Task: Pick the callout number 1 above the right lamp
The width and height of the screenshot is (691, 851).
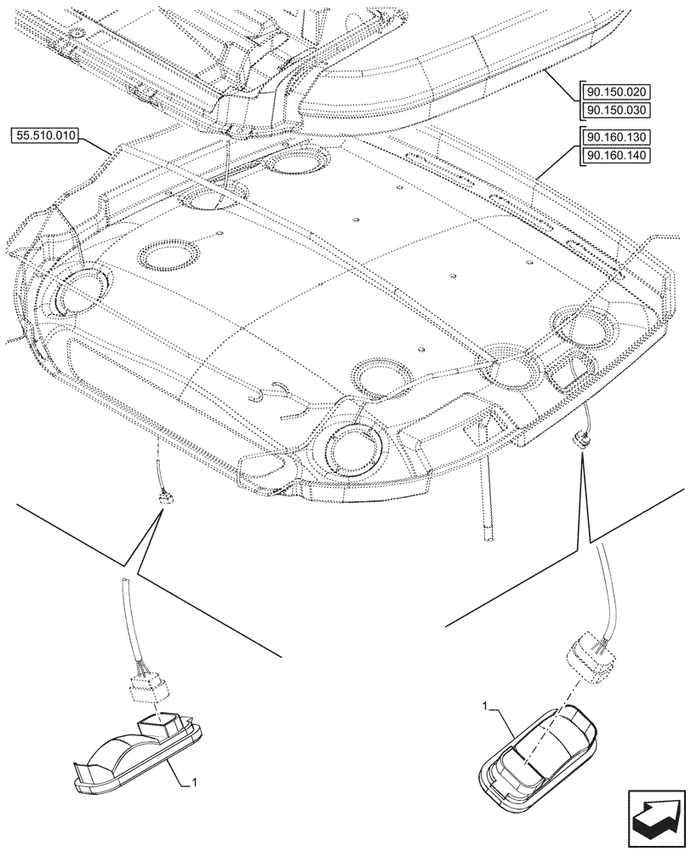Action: pyautogui.click(x=486, y=706)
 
